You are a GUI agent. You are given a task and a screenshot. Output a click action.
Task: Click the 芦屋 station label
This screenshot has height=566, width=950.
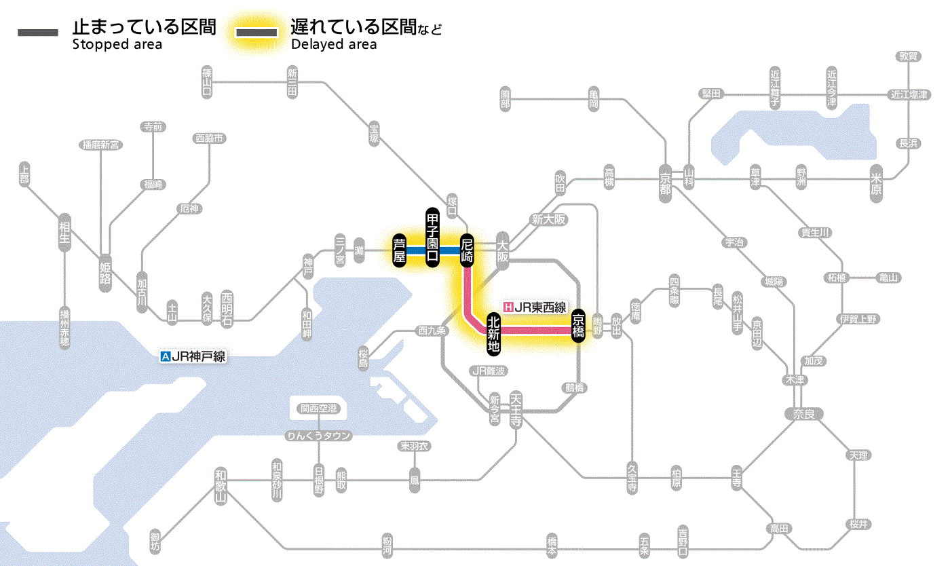[x=399, y=250]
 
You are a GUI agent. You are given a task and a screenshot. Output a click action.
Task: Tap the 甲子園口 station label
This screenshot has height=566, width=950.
[x=432, y=236]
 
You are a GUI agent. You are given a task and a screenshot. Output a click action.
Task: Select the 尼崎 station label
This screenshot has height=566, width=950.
[x=467, y=250]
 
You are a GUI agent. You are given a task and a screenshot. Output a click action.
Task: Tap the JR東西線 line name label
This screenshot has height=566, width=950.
[x=535, y=307]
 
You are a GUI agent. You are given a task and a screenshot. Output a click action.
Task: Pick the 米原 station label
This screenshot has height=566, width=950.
[x=878, y=184]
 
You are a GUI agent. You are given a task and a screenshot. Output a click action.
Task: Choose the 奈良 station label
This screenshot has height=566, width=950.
[x=803, y=413]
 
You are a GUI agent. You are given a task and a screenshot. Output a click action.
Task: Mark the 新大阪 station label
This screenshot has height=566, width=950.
[x=548, y=220]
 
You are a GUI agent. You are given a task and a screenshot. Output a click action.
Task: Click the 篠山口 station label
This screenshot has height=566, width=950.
[x=207, y=81]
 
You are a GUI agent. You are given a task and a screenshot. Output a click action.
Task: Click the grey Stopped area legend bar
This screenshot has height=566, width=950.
[x=38, y=33]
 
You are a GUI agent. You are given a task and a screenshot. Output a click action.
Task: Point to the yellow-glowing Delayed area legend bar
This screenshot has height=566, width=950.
[x=256, y=33]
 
